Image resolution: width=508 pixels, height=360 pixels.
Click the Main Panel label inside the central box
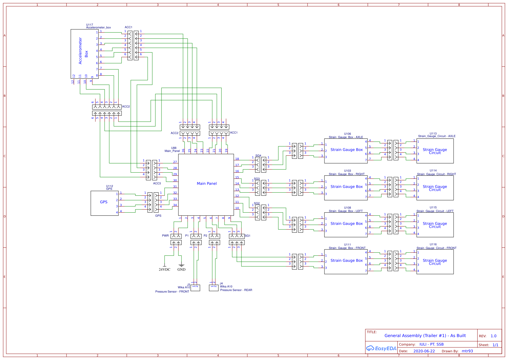click(207, 183)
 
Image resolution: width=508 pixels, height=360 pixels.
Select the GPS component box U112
click(104, 203)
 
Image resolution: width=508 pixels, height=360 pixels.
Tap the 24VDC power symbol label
click(165, 270)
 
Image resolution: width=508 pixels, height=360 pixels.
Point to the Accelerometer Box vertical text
click(83, 51)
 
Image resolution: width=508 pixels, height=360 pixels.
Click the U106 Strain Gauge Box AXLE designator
click(347, 134)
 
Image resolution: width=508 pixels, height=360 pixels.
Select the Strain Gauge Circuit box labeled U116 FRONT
click(435, 262)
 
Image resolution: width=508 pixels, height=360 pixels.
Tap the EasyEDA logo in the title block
click(381, 348)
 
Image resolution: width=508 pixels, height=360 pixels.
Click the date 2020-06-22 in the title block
click(424, 351)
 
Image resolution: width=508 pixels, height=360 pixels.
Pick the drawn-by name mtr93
click(467, 351)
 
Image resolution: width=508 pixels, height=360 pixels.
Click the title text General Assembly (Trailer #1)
click(425, 336)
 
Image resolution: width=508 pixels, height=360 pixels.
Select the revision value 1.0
click(494, 336)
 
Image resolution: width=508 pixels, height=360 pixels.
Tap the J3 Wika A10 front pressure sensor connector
click(195, 288)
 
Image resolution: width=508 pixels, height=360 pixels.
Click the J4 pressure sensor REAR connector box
click(214, 288)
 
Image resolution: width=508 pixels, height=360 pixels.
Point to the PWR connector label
click(165, 236)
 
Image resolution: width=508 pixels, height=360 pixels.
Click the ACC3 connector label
click(157, 183)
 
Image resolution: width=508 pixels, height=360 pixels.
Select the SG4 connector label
click(258, 156)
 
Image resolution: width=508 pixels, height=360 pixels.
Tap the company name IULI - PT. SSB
click(431, 344)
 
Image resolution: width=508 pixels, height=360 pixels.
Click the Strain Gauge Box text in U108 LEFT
click(347, 224)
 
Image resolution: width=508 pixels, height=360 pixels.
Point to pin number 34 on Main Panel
click(175, 205)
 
